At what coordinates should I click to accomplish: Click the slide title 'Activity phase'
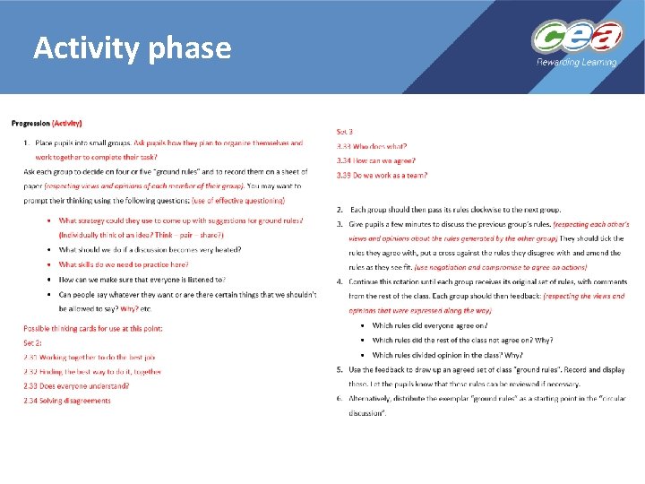tap(132, 48)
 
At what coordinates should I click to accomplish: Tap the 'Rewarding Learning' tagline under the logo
tap(576, 63)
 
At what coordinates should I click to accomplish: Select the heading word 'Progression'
tap(30, 123)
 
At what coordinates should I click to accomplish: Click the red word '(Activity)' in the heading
tap(67, 123)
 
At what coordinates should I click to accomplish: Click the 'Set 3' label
tap(345, 132)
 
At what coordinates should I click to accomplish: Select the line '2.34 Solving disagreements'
tap(67, 401)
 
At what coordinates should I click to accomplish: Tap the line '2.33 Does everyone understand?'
tap(76, 385)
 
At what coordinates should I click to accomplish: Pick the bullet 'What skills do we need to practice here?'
tap(124, 264)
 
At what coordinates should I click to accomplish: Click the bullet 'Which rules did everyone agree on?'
tap(430, 325)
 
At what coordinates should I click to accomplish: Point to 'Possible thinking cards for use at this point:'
tap(93, 328)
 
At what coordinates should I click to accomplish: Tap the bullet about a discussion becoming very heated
tap(150, 249)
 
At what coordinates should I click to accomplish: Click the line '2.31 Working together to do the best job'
tap(90, 357)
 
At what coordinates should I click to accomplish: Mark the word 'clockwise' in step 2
tap(498, 208)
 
